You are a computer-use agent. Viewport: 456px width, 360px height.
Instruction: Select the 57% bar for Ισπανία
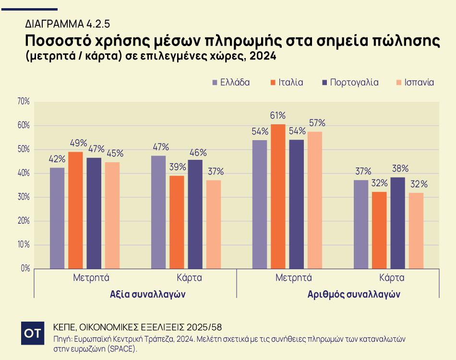tap(315, 200)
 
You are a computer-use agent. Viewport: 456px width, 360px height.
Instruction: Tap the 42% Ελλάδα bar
tap(57, 218)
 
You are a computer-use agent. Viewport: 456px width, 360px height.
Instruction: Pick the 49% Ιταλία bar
tap(75, 210)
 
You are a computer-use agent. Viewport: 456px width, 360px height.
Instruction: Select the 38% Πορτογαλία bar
tap(398, 223)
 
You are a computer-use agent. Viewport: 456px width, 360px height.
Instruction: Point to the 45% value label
tap(114, 154)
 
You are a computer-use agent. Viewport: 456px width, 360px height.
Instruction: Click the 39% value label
tap(177, 167)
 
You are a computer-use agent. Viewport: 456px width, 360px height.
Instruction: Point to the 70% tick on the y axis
tap(23, 101)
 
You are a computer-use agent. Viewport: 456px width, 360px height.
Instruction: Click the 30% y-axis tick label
tap(23, 197)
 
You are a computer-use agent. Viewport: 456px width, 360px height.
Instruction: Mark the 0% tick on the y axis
tap(25, 268)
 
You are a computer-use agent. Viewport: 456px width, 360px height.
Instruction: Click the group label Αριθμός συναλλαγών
tap(354, 294)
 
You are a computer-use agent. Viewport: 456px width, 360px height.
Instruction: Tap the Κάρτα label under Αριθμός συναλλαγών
tap(392, 278)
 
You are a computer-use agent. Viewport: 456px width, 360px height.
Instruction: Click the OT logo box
tap(33, 333)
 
